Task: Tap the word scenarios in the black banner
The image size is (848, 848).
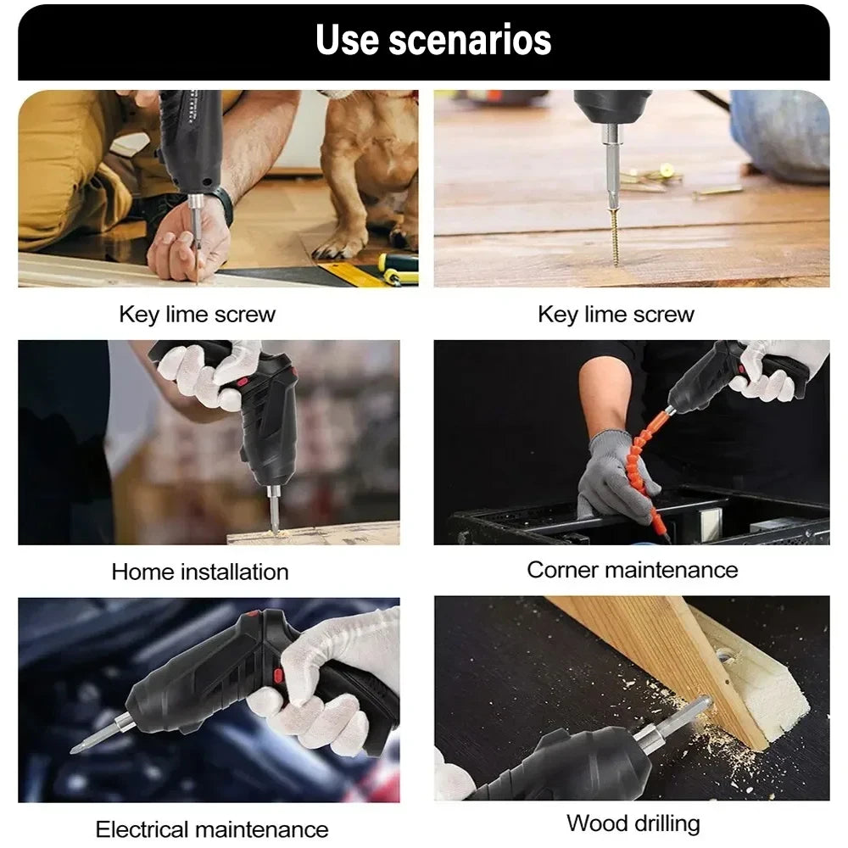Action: tap(471, 40)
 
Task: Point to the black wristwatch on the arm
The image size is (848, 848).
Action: tap(223, 204)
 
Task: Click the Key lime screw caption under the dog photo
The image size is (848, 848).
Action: tap(197, 315)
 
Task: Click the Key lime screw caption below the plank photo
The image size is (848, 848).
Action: tap(616, 315)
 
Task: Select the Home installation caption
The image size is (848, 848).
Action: tap(200, 572)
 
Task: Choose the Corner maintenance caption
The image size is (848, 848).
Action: tap(632, 569)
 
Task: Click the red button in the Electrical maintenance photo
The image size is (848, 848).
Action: tap(278, 675)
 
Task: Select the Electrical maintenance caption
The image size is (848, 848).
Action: tap(211, 828)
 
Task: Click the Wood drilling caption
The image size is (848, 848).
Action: tap(633, 823)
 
